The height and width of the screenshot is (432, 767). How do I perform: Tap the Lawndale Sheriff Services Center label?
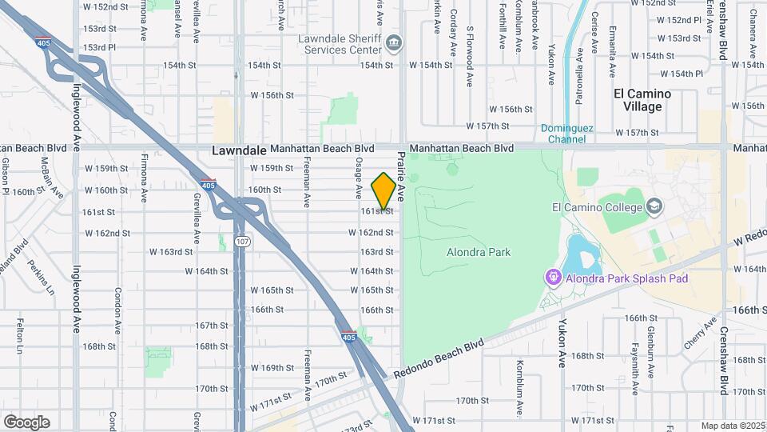point(339,44)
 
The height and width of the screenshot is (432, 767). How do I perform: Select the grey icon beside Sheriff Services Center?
point(393,42)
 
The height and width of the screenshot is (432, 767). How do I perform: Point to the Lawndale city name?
point(238,150)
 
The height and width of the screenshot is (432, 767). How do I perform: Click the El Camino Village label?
point(642,100)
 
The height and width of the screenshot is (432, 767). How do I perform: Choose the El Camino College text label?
point(598,208)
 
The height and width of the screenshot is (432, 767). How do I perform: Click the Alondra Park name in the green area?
point(478,253)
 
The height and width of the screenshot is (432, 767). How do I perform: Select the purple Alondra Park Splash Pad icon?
point(552,278)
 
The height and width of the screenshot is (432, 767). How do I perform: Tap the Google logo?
point(26,422)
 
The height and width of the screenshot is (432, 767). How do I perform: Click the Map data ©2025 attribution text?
point(732,426)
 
